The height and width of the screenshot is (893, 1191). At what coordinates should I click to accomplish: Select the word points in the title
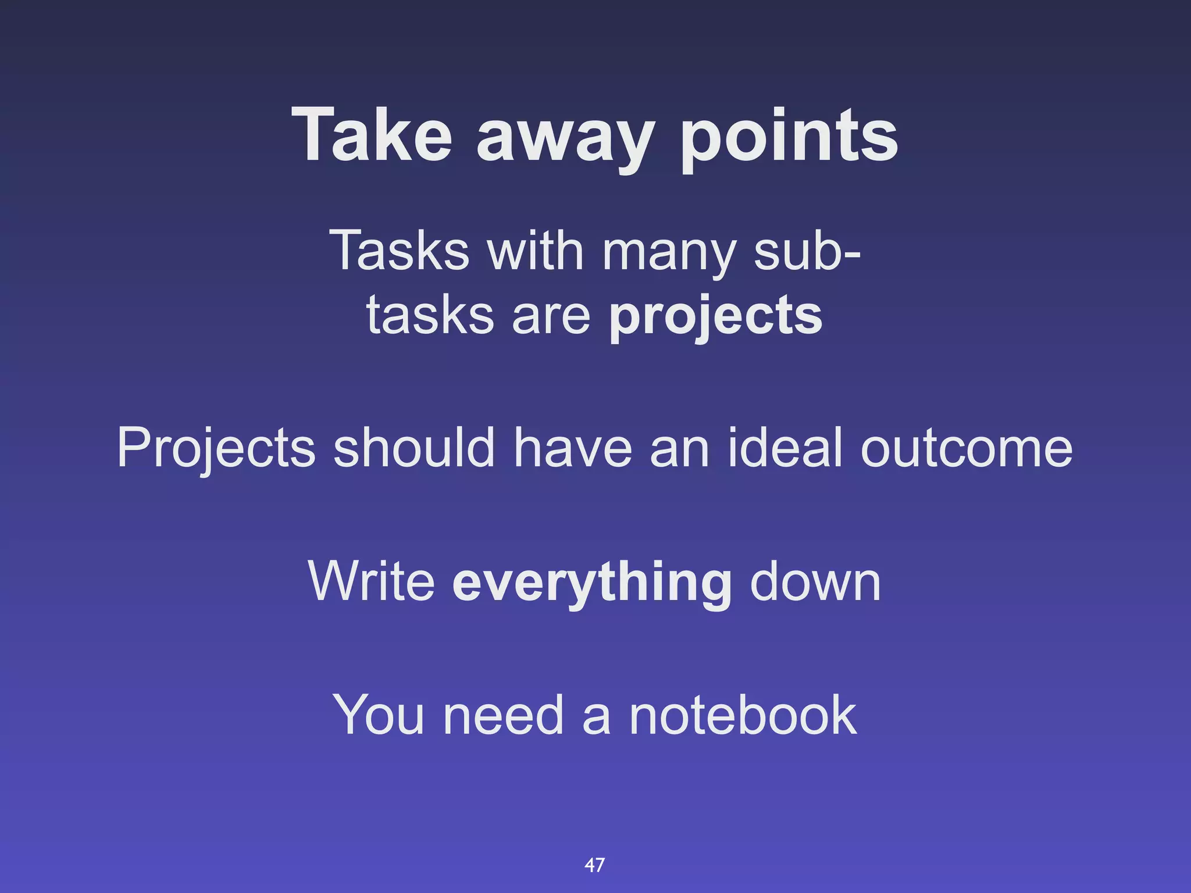(x=789, y=136)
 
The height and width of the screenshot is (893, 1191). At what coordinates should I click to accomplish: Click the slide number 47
(x=594, y=865)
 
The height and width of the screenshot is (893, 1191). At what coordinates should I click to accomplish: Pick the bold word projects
(x=715, y=317)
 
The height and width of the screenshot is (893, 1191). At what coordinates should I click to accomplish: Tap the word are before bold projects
(x=551, y=317)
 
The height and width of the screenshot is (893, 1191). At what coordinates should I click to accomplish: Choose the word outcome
(x=966, y=448)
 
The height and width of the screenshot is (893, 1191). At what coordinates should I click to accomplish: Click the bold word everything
(x=592, y=583)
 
